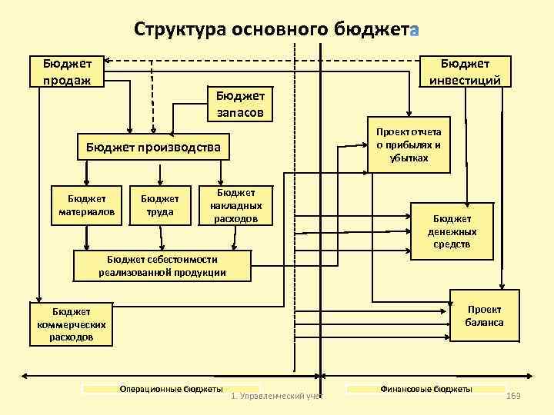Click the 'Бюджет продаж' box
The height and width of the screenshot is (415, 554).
coord(66,71)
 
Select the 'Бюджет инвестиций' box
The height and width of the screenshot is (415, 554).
coord(465,71)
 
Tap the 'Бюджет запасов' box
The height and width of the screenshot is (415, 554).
coord(239,104)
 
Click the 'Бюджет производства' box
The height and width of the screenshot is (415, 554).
coord(153,147)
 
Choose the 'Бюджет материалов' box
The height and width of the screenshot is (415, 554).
coord(87,205)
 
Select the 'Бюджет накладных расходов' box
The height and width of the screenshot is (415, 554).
coord(235,206)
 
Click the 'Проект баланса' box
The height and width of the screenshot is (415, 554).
coord(484,315)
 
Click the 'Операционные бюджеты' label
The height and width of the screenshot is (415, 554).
coord(171,390)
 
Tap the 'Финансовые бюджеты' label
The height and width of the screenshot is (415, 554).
coord(426,390)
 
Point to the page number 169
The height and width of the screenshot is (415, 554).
coord(514,394)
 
